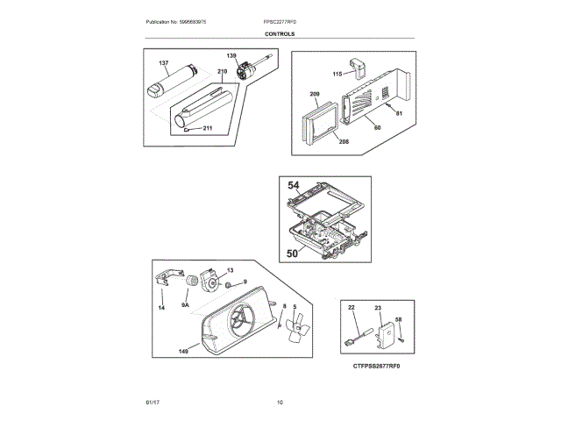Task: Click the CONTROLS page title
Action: tap(280, 34)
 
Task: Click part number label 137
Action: tap(164, 63)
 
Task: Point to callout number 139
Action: tap(231, 55)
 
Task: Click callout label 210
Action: tap(222, 70)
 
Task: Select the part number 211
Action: tap(208, 129)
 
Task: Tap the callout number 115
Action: tap(337, 74)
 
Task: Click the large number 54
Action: tap(295, 186)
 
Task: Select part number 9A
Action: tap(185, 305)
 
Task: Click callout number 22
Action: tap(351, 308)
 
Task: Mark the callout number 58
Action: tap(398, 320)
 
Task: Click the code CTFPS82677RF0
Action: tap(382, 366)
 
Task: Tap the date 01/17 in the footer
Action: tap(152, 403)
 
